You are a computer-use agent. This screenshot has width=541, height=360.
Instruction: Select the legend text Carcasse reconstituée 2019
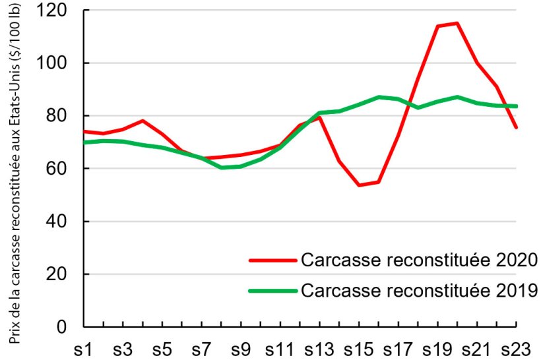point(420,289)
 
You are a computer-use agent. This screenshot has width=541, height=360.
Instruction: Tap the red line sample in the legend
point(272,260)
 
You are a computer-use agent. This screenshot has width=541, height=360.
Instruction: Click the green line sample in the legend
point(272,290)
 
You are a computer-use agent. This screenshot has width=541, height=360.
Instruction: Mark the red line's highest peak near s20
point(457,23)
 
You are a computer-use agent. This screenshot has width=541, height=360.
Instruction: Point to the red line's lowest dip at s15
point(359,185)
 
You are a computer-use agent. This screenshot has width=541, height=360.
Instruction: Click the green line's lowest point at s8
point(222,167)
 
